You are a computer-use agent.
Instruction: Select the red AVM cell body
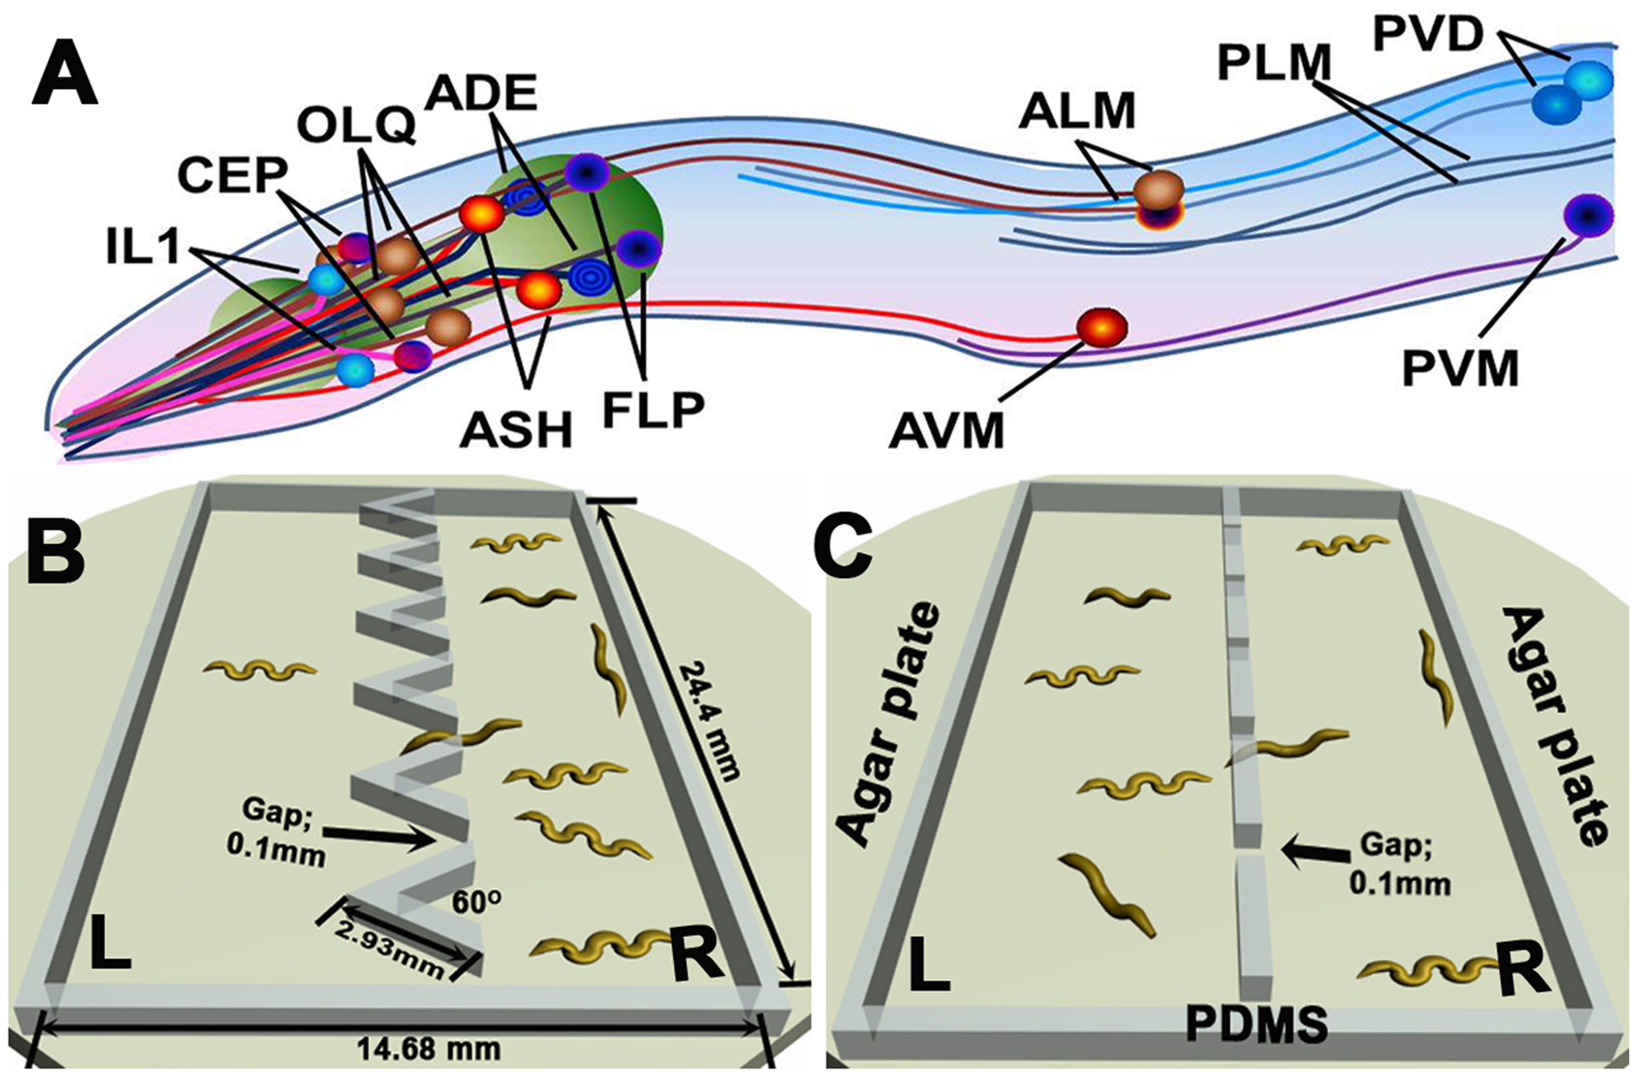coord(1102,327)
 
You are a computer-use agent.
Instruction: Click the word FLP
coord(654,408)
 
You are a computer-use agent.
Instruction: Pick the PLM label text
coord(1274,64)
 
